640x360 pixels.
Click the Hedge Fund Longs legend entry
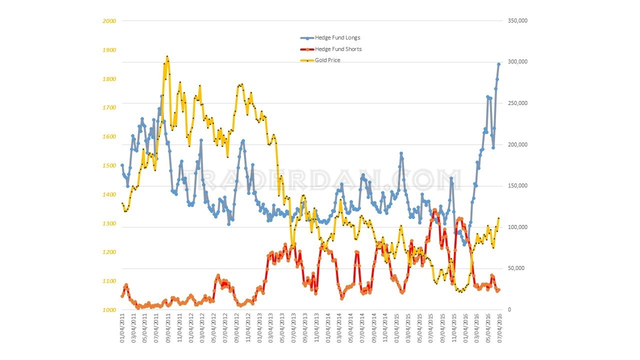[x=337, y=38]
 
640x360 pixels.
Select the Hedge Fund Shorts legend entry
[x=338, y=49]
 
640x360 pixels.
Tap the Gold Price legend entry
[x=327, y=60]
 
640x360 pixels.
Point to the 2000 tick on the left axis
[x=110, y=21]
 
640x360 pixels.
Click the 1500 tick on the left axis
[x=110, y=165]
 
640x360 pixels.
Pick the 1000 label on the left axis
[x=110, y=310]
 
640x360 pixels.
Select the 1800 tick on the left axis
[x=110, y=79]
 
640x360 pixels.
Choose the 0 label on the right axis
[x=509, y=310]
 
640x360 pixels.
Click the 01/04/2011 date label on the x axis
[x=122, y=328]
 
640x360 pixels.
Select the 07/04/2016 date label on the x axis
[x=498, y=328]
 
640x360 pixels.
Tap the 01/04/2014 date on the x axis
[x=328, y=328]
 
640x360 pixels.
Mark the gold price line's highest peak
[x=167, y=56]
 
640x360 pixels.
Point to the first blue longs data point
[x=122, y=165]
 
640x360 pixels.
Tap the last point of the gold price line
[x=498, y=218]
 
